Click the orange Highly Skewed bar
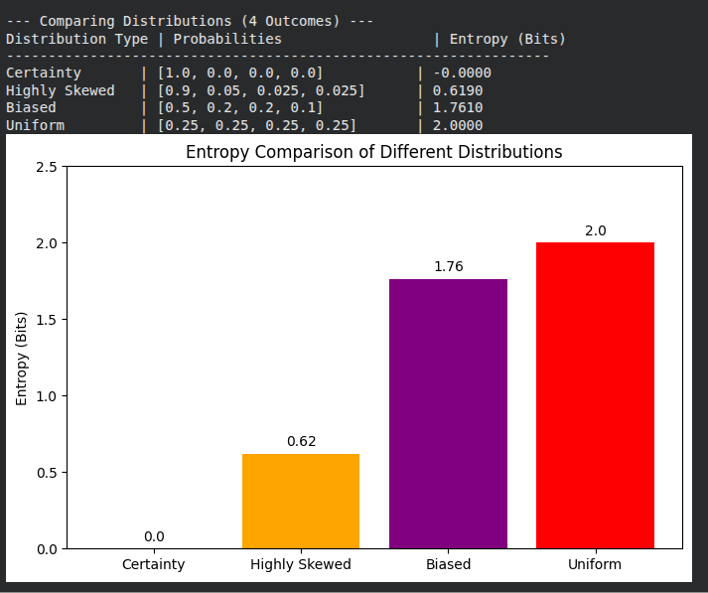click(301, 501)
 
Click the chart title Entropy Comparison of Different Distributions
click(374, 152)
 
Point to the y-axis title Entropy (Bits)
click(21, 358)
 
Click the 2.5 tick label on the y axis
click(46, 167)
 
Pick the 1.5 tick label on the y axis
click(46, 320)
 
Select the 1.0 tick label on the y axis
click(46, 396)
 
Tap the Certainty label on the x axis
click(153, 564)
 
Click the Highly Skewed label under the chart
click(301, 564)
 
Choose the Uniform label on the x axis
click(595, 564)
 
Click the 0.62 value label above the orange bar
click(301, 441)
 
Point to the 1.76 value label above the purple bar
click(448, 266)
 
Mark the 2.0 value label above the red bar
click(595, 229)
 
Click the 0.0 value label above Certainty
click(154, 536)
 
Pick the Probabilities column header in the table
click(227, 39)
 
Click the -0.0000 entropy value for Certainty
click(463, 73)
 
